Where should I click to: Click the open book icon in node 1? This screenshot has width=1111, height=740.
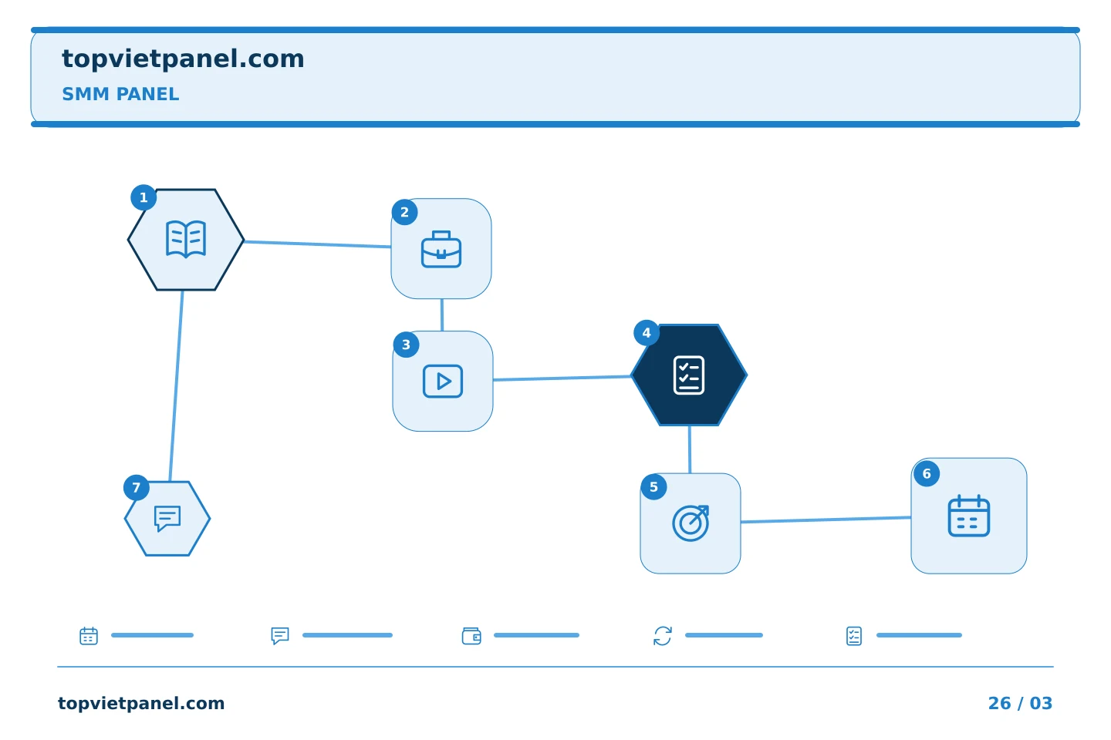186,240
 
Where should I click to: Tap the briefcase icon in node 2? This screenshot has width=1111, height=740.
441,249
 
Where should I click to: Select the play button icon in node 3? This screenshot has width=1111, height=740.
443,381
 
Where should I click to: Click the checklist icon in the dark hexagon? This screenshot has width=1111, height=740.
689,375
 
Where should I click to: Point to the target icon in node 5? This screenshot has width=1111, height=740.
691,523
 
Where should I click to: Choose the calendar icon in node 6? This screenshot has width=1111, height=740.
969,516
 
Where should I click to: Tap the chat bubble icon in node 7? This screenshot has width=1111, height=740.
167,519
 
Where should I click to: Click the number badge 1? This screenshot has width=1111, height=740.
144,198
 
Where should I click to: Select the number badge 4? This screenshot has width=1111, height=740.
647,333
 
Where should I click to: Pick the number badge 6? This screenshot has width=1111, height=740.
927,474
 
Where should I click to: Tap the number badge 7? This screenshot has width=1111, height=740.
137,488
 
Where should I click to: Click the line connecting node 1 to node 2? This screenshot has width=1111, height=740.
317,244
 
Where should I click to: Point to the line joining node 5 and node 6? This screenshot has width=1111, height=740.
826,520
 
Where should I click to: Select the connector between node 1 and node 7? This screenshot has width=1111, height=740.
176,385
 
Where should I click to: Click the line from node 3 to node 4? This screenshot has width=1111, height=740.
562,378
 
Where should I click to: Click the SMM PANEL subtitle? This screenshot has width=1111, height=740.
120,94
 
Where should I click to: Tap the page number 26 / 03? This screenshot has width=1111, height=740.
1020,703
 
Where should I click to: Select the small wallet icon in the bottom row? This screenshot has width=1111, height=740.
471,636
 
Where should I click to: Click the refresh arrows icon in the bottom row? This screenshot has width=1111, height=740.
663,636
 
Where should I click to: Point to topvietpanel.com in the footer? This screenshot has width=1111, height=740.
141,703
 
